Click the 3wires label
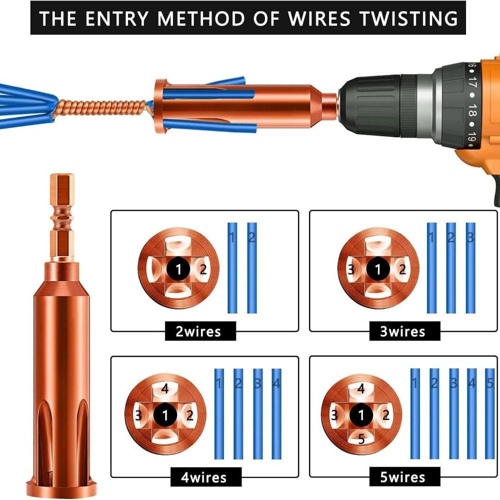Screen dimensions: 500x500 tap(402, 331)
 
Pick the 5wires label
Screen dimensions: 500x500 tap(402, 477)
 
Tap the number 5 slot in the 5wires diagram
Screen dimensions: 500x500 tap(361, 439)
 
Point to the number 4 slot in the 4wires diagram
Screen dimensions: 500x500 tap(165, 389)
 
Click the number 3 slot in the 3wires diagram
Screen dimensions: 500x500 tap(351, 270)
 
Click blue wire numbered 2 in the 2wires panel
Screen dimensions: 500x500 tap(251, 267)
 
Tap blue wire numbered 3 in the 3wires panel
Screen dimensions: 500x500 tap(470, 267)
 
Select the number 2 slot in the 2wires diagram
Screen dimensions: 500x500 tap(202, 270)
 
